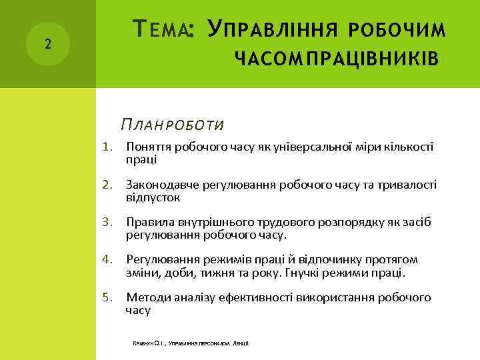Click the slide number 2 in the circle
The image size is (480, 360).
47,45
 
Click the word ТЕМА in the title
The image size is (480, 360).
161,29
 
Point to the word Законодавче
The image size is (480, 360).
158,185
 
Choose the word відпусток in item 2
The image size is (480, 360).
153,197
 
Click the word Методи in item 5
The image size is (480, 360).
145,297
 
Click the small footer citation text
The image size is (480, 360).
191,343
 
